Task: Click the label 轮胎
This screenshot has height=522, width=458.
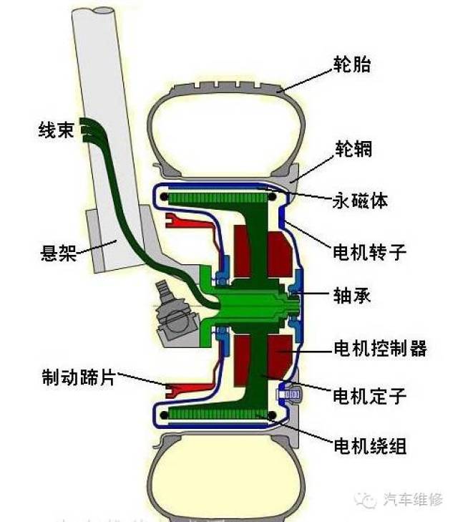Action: click(x=352, y=64)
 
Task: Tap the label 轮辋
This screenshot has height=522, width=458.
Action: click(x=354, y=148)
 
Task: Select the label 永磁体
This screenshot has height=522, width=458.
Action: click(x=360, y=200)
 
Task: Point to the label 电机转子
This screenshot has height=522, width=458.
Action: click(x=369, y=252)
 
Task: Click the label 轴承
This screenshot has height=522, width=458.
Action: click(x=352, y=295)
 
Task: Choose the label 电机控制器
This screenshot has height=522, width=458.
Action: click(x=380, y=348)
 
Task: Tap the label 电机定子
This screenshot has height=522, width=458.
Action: click(x=369, y=396)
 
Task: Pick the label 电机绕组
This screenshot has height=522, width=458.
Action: click(x=370, y=445)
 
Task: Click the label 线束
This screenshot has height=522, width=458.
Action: click(x=56, y=130)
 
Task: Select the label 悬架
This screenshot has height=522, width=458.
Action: click(x=58, y=253)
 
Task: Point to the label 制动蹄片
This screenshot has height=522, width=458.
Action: click(x=79, y=377)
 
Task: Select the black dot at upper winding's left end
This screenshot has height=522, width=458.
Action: click(x=164, y=197)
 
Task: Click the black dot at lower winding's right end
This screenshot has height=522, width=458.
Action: click(x=272, y=415)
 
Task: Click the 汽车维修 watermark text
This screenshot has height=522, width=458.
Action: click(x=414, y=499)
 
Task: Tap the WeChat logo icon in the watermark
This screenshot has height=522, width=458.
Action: click(x=365, y=499)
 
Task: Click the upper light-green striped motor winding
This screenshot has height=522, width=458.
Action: click(x=218, y=198)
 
